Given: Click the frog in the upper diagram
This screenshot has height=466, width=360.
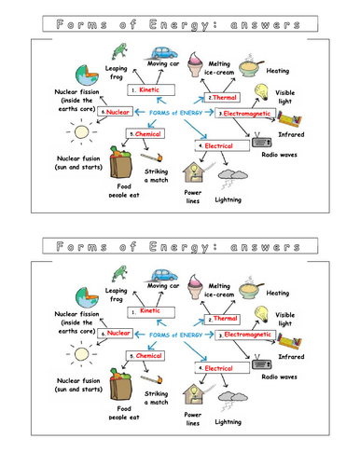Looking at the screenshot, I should pyautogui.click(x=118, y=51).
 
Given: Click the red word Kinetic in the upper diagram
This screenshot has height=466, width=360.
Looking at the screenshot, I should pyautogui.click(x=150, y=90).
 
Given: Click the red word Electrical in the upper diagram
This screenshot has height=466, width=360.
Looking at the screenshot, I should pyautogui.click(x=219, y=146).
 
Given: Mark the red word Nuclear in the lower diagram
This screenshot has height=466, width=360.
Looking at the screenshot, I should pyautogui.click(x=118, y=332).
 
